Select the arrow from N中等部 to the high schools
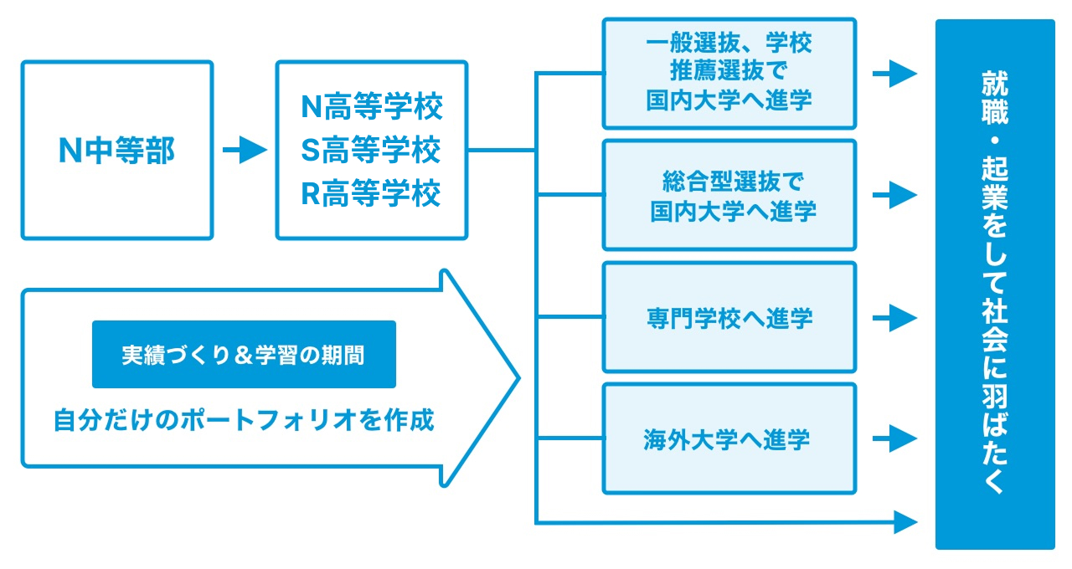coord(245,150)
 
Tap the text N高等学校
coord(371,106)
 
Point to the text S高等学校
coord(370,150)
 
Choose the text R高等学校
coord(370,193)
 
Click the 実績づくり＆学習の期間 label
coord(244,354)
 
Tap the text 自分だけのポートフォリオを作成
coord(244,420)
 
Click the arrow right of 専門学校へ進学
coord(894,318)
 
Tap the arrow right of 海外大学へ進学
coord(894,438)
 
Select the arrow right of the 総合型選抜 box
coord(894,195)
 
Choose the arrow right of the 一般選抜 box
coord(894,74)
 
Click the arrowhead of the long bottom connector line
coord(905,522)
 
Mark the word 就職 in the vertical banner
coord(995,98)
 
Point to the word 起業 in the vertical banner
coord(995,183)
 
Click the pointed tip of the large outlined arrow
coord(519,377)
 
